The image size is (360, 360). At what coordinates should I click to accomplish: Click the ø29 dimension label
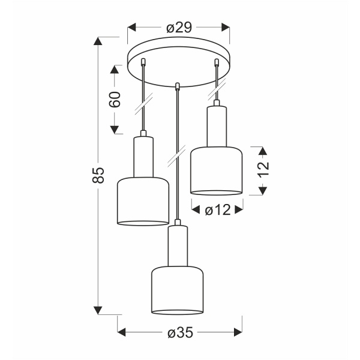coord(179,27)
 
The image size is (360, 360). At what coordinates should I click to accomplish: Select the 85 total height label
coord(100,175)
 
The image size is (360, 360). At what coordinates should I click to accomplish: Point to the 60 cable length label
coord(116,99)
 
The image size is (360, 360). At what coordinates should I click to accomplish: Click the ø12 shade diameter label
coord(216,209)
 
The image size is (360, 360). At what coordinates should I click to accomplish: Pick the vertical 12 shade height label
coord(262,170)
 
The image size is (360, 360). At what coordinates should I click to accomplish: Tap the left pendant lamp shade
coord(143,201)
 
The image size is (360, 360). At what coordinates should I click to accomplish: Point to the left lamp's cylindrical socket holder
coord(143,157)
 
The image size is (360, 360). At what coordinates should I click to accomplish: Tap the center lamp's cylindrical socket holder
coord(178,245)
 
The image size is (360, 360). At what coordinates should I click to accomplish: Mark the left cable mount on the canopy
coord(143,62)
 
